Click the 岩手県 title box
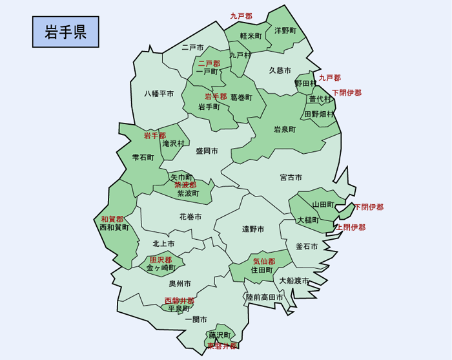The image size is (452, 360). coord(66,32)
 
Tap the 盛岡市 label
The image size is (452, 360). coord(207,151)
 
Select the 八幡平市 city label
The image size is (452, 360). coord(159,94)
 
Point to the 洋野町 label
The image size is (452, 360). coord(285,30)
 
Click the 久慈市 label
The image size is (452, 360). coord(280,70)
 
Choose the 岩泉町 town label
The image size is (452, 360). coord(284,129)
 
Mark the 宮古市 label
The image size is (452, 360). coord(291,177)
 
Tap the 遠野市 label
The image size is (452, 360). coord(253,229)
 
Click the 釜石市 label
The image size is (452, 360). coord(306,246)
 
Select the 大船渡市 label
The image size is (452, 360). coord(294,281)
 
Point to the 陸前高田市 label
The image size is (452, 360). coord(264,297)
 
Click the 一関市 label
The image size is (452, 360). coord(196,320)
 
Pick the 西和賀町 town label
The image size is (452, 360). coord(114,228)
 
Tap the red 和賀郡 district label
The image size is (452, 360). coord(112,219)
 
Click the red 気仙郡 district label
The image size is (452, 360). coord(264,262)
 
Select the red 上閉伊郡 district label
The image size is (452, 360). coord(351,228)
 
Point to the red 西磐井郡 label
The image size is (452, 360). coord(179,301)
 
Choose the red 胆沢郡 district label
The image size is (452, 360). coord(161,260)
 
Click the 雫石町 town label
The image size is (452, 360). coord(143,157)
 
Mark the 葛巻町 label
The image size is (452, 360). coord(241,97)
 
